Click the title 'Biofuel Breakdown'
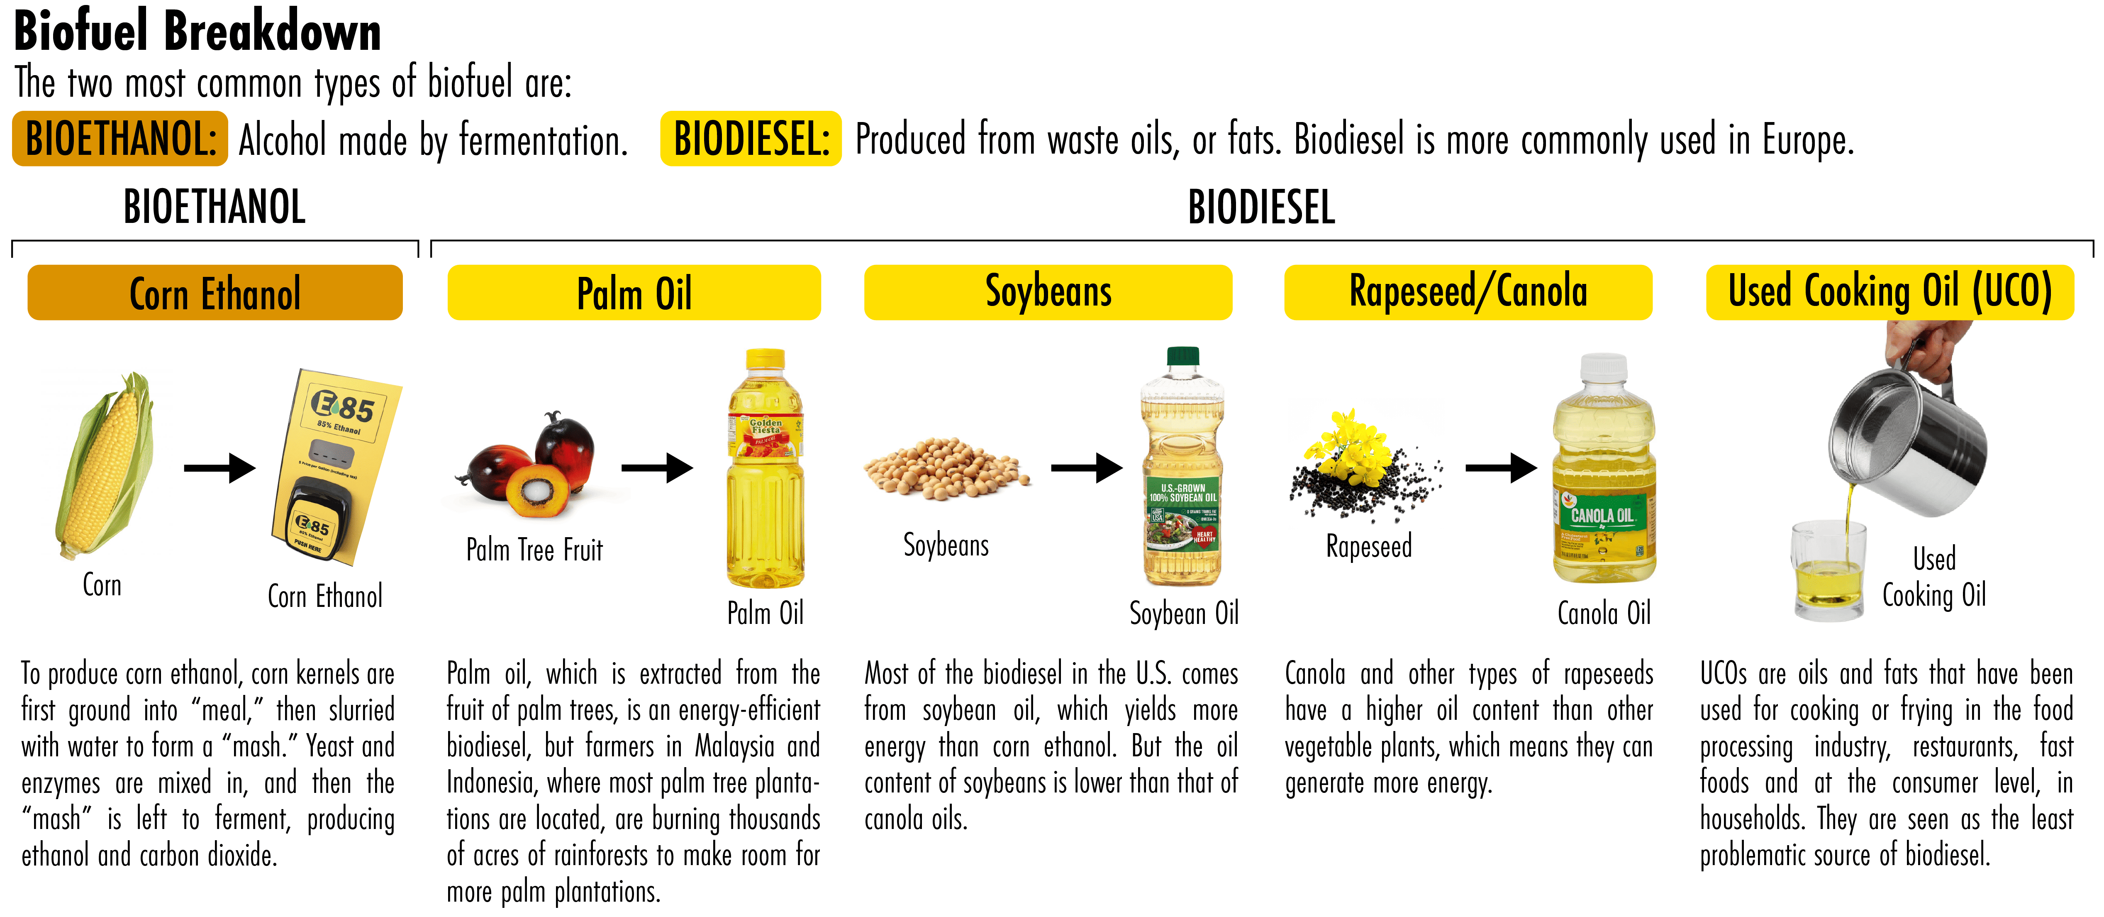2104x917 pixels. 197,31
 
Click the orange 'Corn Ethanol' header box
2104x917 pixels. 215,293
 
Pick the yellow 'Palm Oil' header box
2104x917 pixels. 634,293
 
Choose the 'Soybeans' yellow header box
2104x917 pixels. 1048,293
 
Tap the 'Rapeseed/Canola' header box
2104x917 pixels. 1468,293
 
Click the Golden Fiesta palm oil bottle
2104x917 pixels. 766,468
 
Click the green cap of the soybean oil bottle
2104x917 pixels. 1182,355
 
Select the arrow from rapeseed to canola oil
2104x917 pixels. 1501,468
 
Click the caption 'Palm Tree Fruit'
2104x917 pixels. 534,550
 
